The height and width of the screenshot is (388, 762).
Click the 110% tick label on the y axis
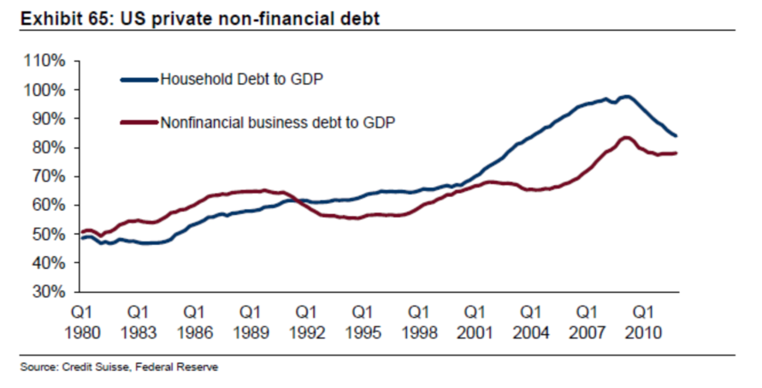[46, 61]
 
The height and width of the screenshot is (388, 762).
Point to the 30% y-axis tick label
[49, 292]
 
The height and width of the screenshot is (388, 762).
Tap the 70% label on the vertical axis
[49, 176]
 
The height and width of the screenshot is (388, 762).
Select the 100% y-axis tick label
[46, 90]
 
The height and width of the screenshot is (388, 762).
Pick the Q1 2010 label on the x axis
[644, 322]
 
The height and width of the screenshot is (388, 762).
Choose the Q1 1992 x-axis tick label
[306, 322]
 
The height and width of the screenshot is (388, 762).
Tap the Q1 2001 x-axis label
[475, 322]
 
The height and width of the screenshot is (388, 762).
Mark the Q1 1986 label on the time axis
[193, 322]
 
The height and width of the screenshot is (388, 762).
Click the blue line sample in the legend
[139, 80]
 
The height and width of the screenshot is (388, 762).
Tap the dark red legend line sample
[139, 122]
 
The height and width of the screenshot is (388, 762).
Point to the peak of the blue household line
[627, 97]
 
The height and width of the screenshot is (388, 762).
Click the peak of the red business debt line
[626, 137]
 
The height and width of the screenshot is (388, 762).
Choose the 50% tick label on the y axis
[49, 234]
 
